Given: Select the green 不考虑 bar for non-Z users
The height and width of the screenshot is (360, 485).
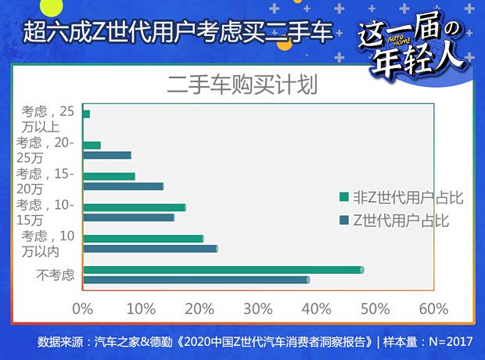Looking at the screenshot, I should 223,270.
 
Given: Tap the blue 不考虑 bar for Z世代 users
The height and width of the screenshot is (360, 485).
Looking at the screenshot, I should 196,279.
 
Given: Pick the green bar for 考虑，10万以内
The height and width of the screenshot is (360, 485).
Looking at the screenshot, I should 142,239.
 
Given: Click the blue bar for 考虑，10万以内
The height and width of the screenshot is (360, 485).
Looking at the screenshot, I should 149,249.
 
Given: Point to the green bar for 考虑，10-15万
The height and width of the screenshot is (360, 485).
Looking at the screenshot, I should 134,207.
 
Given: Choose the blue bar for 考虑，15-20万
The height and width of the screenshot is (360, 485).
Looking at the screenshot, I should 123,186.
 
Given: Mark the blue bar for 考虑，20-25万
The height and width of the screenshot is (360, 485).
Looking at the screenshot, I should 106,155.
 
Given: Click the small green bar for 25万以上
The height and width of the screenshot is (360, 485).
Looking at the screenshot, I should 86,114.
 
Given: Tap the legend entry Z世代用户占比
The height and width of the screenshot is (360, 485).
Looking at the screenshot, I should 395,220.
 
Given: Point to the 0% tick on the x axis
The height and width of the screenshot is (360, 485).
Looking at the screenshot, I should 82,308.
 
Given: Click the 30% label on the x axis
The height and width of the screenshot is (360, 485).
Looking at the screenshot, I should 258,308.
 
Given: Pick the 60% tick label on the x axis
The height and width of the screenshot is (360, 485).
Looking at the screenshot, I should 433,308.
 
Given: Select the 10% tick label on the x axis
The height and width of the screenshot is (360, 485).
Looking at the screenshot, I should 141,308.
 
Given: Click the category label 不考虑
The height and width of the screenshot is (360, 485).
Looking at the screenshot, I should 56,275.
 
